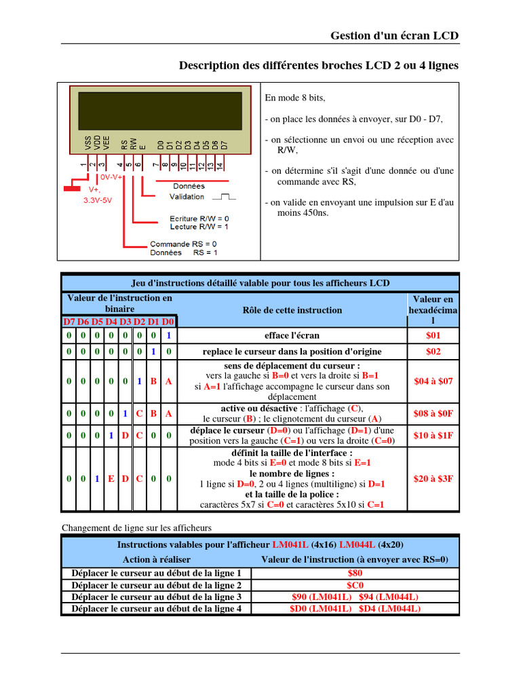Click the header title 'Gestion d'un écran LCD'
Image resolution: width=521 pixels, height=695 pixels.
click(x=394, y=35)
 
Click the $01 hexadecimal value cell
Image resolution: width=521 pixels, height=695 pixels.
click(x=433, y=335)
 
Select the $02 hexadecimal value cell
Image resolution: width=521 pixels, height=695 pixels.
click(x=433, y=352)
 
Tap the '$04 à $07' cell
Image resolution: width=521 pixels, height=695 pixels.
click(x=433, y=381)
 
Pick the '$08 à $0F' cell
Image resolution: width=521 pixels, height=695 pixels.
click(x=433, y=413)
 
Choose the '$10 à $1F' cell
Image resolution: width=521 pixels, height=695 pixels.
click(x=433, y=435)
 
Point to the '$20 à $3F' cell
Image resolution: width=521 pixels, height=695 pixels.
click(x=433, y=478)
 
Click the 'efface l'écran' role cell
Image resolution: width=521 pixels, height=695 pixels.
click(x=292, y=335)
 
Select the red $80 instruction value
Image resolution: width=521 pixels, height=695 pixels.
click(x=355, y=573)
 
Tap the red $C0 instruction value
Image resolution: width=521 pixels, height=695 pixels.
click(x=355, y=585)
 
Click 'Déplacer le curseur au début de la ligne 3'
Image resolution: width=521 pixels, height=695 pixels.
click(x=157, y=597)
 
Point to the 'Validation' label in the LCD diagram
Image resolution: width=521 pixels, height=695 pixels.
click(x=187, y=197)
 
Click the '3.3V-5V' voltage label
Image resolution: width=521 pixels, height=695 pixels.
click(x=98, y=201)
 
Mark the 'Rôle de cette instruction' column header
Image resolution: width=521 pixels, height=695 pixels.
click(x=292, y=310)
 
